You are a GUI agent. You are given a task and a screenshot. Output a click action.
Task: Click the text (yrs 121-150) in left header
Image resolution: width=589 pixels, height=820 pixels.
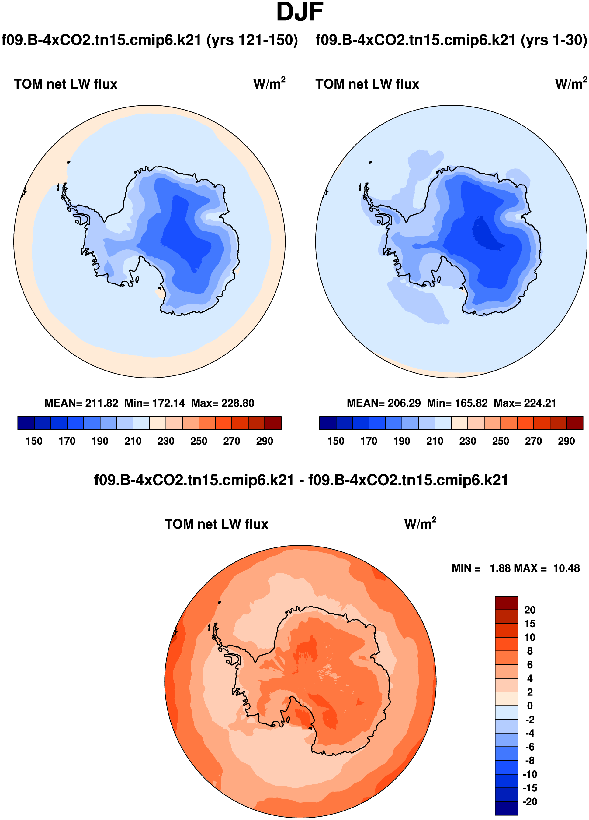[252, 40]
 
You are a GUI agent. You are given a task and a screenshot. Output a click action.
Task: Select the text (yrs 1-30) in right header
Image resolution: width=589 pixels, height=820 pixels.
[554, 40]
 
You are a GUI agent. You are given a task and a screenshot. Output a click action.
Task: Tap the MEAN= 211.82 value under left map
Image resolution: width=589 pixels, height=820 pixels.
[81, 403]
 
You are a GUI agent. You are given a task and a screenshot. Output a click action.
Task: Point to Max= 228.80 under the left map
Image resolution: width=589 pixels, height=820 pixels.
[223, 403]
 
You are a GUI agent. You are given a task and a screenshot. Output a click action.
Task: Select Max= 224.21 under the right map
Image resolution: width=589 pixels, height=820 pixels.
[525, 403]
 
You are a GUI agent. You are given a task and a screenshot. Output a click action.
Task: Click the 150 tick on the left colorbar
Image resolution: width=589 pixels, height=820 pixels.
[34, 441]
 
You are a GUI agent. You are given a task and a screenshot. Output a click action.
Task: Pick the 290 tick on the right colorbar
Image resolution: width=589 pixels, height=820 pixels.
[566, 441]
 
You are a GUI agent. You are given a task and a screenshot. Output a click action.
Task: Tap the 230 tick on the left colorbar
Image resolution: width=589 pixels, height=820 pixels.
[166, 441]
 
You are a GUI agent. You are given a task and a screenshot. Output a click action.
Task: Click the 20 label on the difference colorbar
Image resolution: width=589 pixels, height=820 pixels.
[529, 610]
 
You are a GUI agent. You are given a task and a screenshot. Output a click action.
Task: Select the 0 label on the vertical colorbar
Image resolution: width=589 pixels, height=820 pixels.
[529, 706]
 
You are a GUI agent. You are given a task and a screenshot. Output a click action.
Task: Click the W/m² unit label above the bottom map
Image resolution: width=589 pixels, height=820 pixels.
[420, 523]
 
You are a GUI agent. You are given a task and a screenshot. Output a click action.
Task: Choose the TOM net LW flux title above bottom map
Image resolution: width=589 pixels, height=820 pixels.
[216, 524]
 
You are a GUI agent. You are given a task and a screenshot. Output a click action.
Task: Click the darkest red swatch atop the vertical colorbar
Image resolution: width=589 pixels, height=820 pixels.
[506, 603]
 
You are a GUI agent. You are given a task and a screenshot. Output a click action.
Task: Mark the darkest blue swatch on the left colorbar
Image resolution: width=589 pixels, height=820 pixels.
[26, 423]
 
